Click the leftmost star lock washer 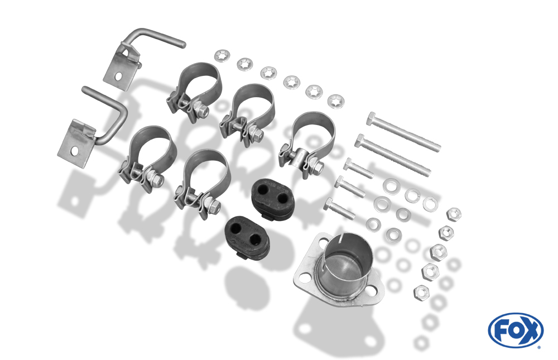(x=222, y=56)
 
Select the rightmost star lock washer (x=335, y=102)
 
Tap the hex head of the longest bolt (x=371, y=118)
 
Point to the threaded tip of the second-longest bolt (x=426, y=172)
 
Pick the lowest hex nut (x=421, y=292)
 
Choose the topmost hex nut (x=454, y=214)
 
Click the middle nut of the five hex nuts (x=439, y=252)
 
